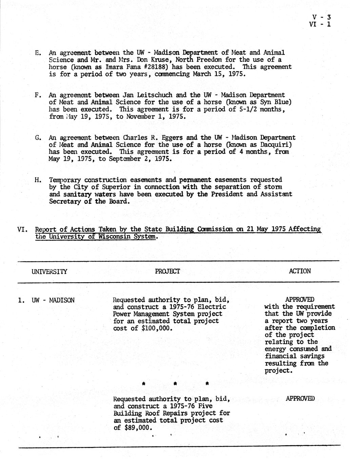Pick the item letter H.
[38, 180]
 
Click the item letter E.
[38, 53]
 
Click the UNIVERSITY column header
[49, 272]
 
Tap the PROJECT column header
[167, 271]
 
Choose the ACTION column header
[300, 271]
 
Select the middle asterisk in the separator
[175, 384]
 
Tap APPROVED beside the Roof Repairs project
[300, 399]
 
